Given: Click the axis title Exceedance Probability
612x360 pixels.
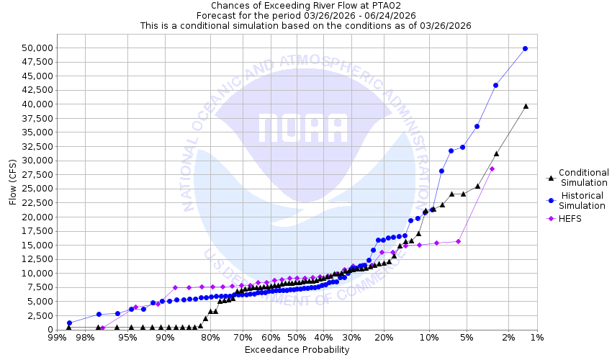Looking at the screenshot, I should pos(297,350).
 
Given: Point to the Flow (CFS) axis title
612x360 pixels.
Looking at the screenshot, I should pos(13,181).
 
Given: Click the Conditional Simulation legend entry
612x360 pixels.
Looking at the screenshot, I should pos(583,177).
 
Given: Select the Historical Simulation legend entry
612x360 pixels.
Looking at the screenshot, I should pos(583,201).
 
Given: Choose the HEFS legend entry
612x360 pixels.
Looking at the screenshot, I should pos(571,218).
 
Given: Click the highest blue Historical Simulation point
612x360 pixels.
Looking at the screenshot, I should pos(525,48).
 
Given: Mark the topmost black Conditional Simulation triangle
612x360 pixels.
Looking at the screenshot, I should pos(526,106).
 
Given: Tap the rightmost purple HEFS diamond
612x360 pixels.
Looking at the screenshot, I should pos(492,168).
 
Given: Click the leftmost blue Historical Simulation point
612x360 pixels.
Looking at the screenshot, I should pos(69,323).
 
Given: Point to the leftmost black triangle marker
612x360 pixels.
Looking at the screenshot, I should pos(69,328).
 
